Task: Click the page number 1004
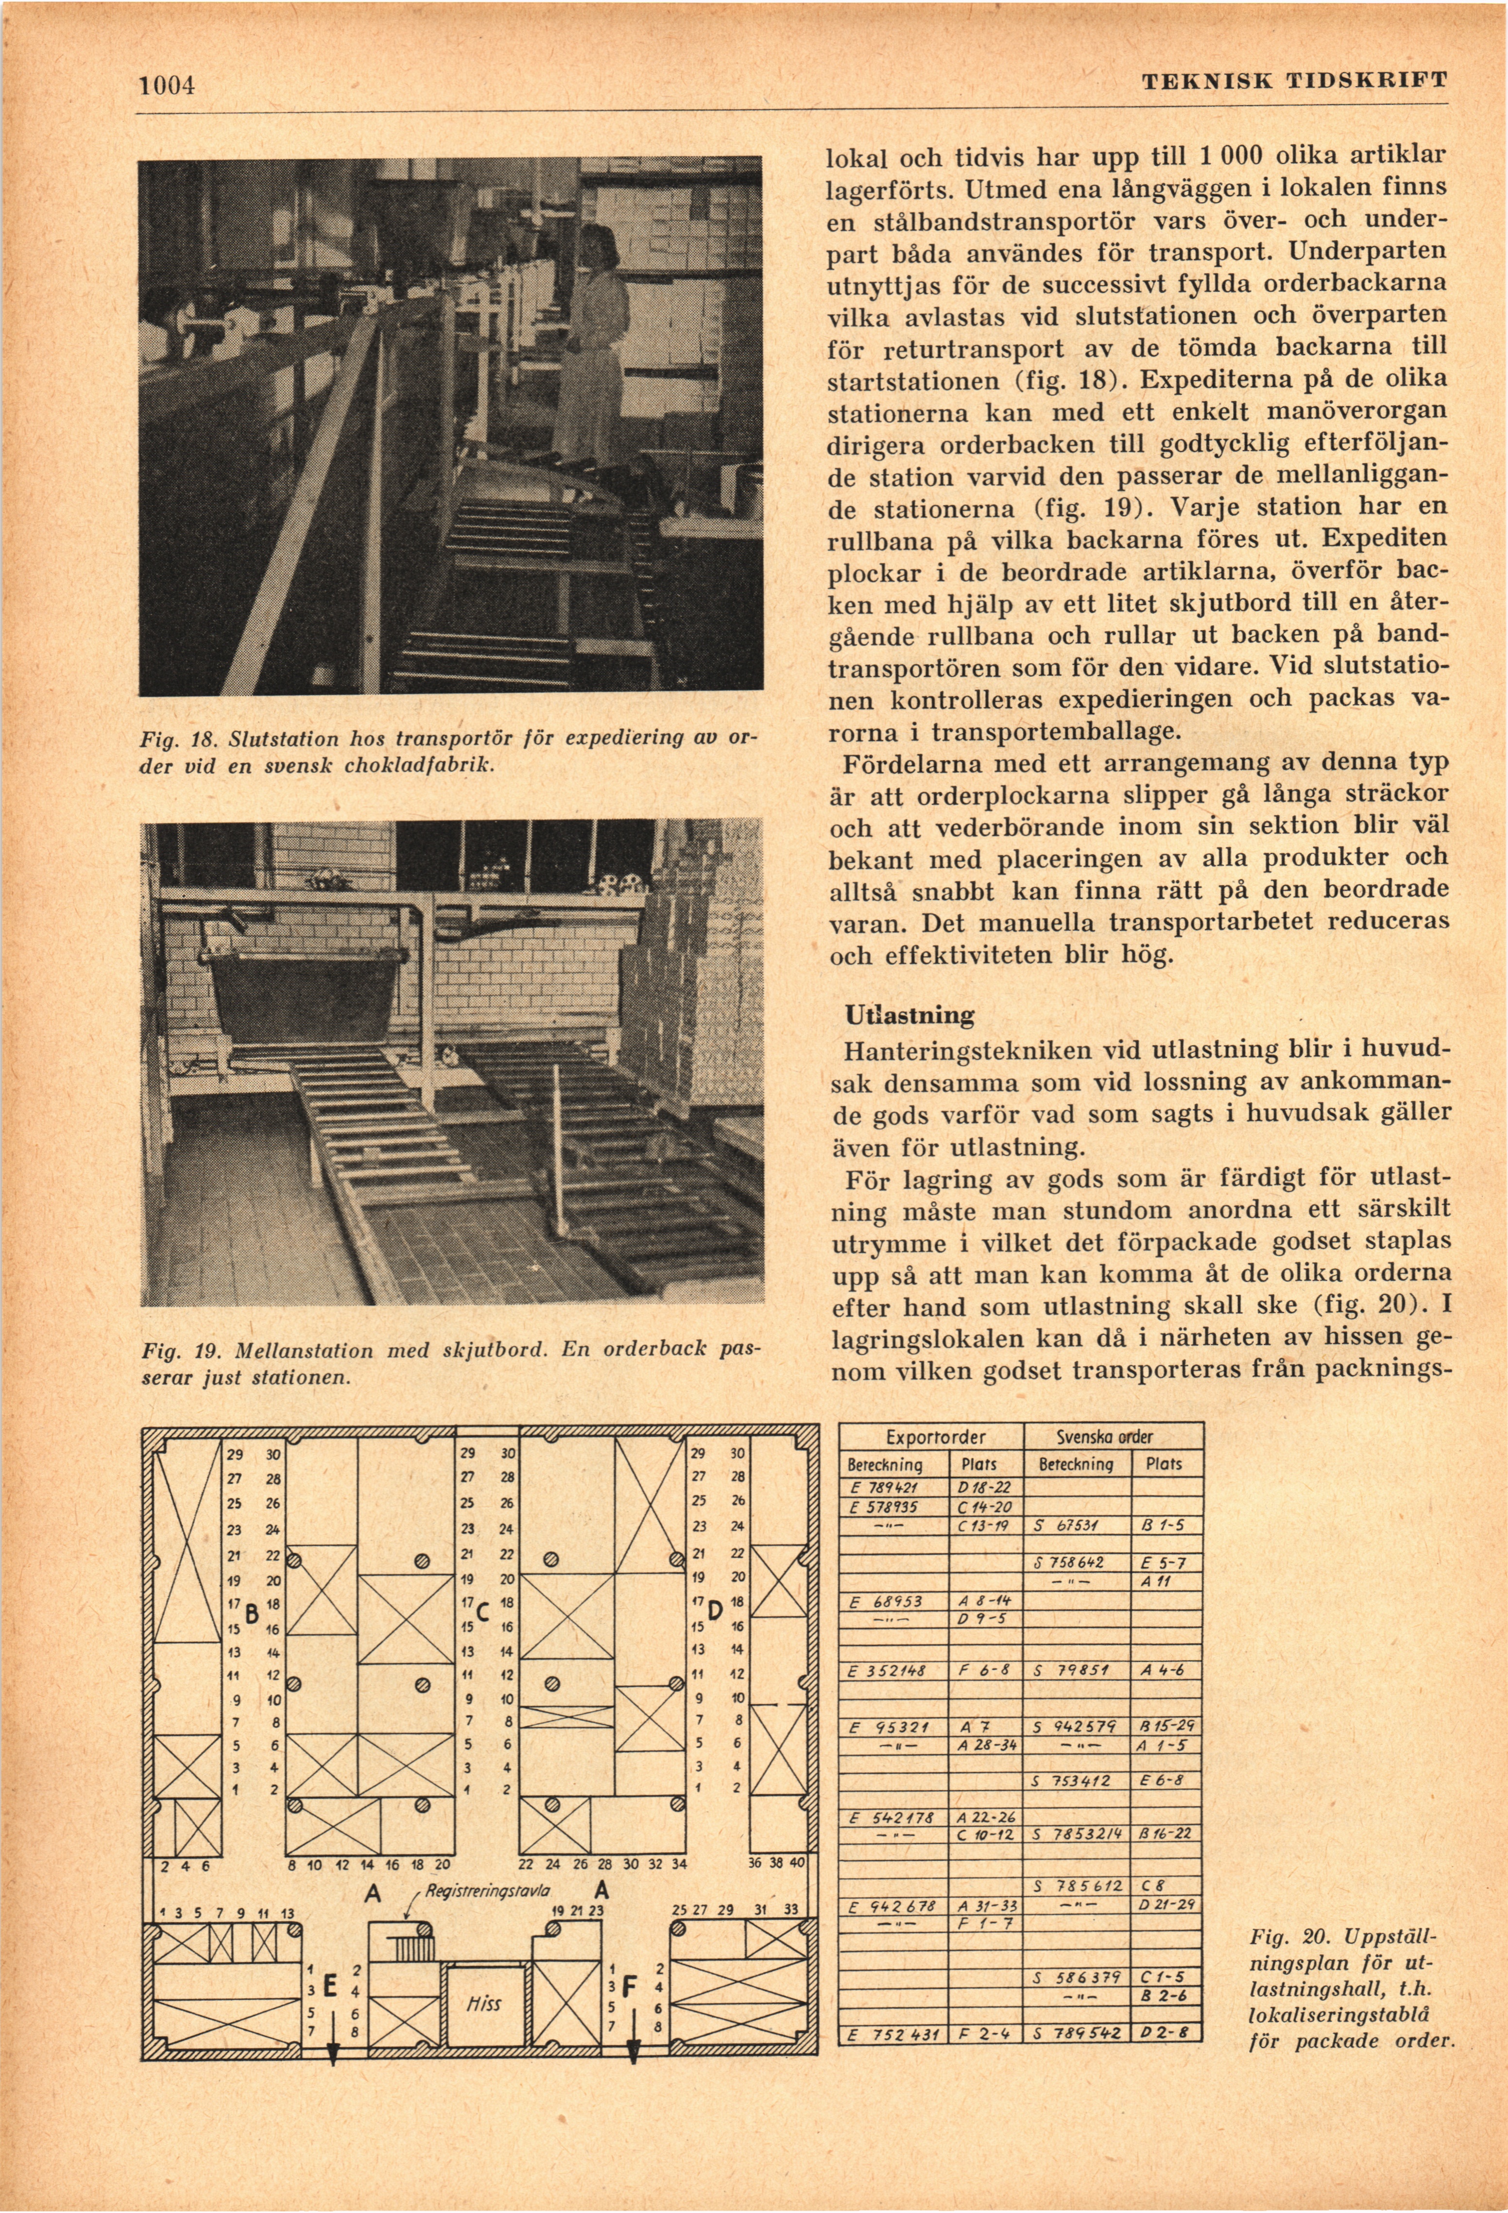[x=168, y=86]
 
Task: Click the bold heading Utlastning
[x=909, y=1015]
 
